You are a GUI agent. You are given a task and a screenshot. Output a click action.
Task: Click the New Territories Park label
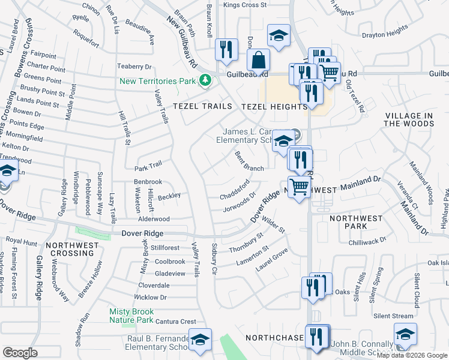[158, 80]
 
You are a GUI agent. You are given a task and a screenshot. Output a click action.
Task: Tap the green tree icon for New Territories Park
[205, 80]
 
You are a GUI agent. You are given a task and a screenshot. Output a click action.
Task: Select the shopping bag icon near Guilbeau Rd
[258, 61]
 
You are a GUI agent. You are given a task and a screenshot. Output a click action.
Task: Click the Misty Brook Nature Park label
[131, 316]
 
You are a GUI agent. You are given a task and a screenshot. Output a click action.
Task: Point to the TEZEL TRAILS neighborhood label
[202, 106]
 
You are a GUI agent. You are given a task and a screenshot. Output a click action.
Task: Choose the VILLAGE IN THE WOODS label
[409, 119]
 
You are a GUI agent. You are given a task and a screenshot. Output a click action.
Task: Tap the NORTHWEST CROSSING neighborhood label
[73, 250]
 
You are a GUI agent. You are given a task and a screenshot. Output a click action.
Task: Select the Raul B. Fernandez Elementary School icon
[200, 339]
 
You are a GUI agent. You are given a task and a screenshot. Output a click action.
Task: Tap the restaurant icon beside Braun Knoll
[225, 50]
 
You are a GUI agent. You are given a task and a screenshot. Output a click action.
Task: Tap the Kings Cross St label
[245, 5]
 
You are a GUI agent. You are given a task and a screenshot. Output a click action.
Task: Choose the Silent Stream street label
[393, 316]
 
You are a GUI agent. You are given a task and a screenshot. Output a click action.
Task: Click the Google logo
[20, 353]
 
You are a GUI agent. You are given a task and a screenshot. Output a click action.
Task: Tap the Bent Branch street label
[249, 161]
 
